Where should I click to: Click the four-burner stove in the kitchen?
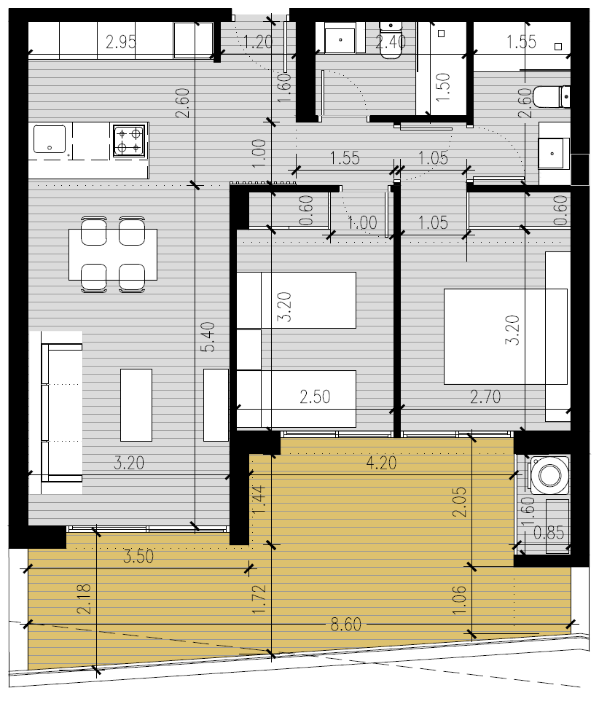coord(129,141)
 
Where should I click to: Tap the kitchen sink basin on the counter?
coord(50,138)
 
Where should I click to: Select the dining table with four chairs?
coord(113,254)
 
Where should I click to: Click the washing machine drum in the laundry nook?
coord(549,474)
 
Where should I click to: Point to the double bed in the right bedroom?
coord(506,336)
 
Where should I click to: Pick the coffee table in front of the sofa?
coord(136,405)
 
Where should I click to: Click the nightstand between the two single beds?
coord(248,350)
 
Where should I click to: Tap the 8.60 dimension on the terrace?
coord(345,625)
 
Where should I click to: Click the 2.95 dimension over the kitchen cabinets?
coord(121,42)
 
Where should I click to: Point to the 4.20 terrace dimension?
coord(381,463)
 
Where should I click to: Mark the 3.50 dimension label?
coord(138,556)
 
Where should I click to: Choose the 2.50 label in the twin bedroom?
coord(315,397)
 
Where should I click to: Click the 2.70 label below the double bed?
coord(485,397)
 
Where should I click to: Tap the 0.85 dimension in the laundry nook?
coord(549,533)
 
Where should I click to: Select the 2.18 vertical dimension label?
coord(84,599)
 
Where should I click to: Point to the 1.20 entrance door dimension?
coord(258,42)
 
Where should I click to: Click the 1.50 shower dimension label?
coord(443,87)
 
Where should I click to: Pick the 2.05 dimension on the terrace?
coord(460,502)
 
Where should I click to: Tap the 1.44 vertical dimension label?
coord(259,501)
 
